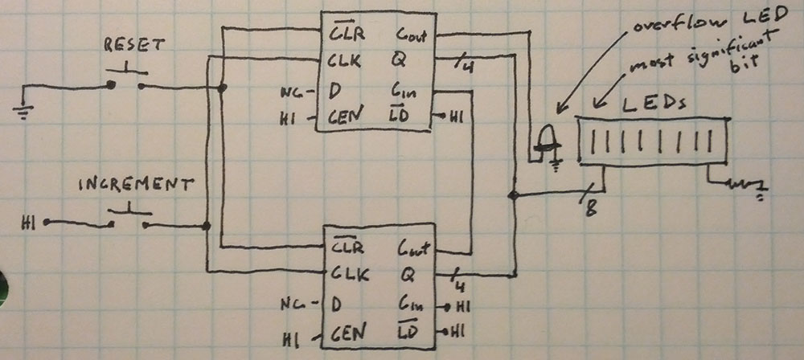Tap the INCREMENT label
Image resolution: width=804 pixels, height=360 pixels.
click(x=136, y=185)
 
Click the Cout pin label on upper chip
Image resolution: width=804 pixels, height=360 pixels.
click(x=412, y=35)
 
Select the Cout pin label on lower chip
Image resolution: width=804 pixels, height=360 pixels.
click(x=413, y=249)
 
